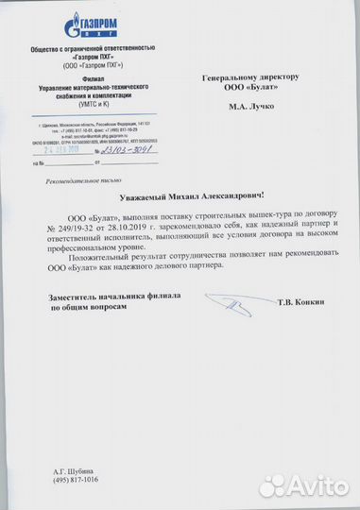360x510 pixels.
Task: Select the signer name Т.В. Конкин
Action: (300, 302)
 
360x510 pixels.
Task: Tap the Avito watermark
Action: (302, 485)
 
